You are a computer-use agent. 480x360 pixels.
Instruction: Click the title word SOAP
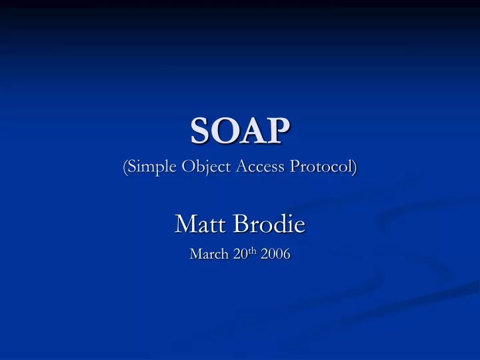240,131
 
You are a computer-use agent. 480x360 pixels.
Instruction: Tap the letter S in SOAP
198,131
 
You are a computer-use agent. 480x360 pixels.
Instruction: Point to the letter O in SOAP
223,131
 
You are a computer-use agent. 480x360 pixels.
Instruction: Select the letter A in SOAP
253,131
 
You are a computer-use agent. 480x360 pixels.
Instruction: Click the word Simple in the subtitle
149,167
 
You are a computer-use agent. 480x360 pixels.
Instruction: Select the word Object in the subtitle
203,167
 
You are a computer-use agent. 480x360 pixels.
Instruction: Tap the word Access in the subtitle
257,167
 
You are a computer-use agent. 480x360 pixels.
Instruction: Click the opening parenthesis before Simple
125,167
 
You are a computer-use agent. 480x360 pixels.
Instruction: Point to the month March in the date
207,254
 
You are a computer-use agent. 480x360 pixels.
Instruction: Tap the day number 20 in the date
237,254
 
